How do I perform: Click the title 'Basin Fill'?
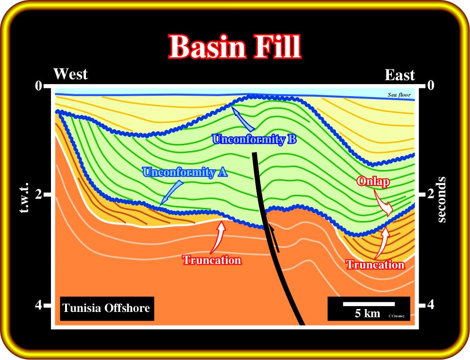click(x=235, y=47)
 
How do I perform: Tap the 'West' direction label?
click(x=70, y=74)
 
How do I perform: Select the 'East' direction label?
click(x=400, y=75)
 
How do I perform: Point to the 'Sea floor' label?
click(x=399, y=95)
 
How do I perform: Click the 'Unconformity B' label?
click(x=254, y=139)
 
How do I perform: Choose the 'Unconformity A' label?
click(x=185, y=172)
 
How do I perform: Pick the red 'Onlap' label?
click(x=373, y=182)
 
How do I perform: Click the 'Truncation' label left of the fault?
click(x=212, y=260)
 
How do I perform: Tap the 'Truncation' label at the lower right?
click(x=375, y=265)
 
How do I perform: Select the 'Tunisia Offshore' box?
click(x=107, y=309)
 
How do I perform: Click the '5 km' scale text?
click(x=368, y=313)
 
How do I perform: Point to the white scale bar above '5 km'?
click(x=369, y=304)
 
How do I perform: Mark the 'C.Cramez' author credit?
click(x=397, y=316)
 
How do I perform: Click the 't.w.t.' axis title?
click(x=24, y=197)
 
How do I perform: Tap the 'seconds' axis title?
click(x=441, y=200)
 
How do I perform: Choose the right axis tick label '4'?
click(x=431, y=305)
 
